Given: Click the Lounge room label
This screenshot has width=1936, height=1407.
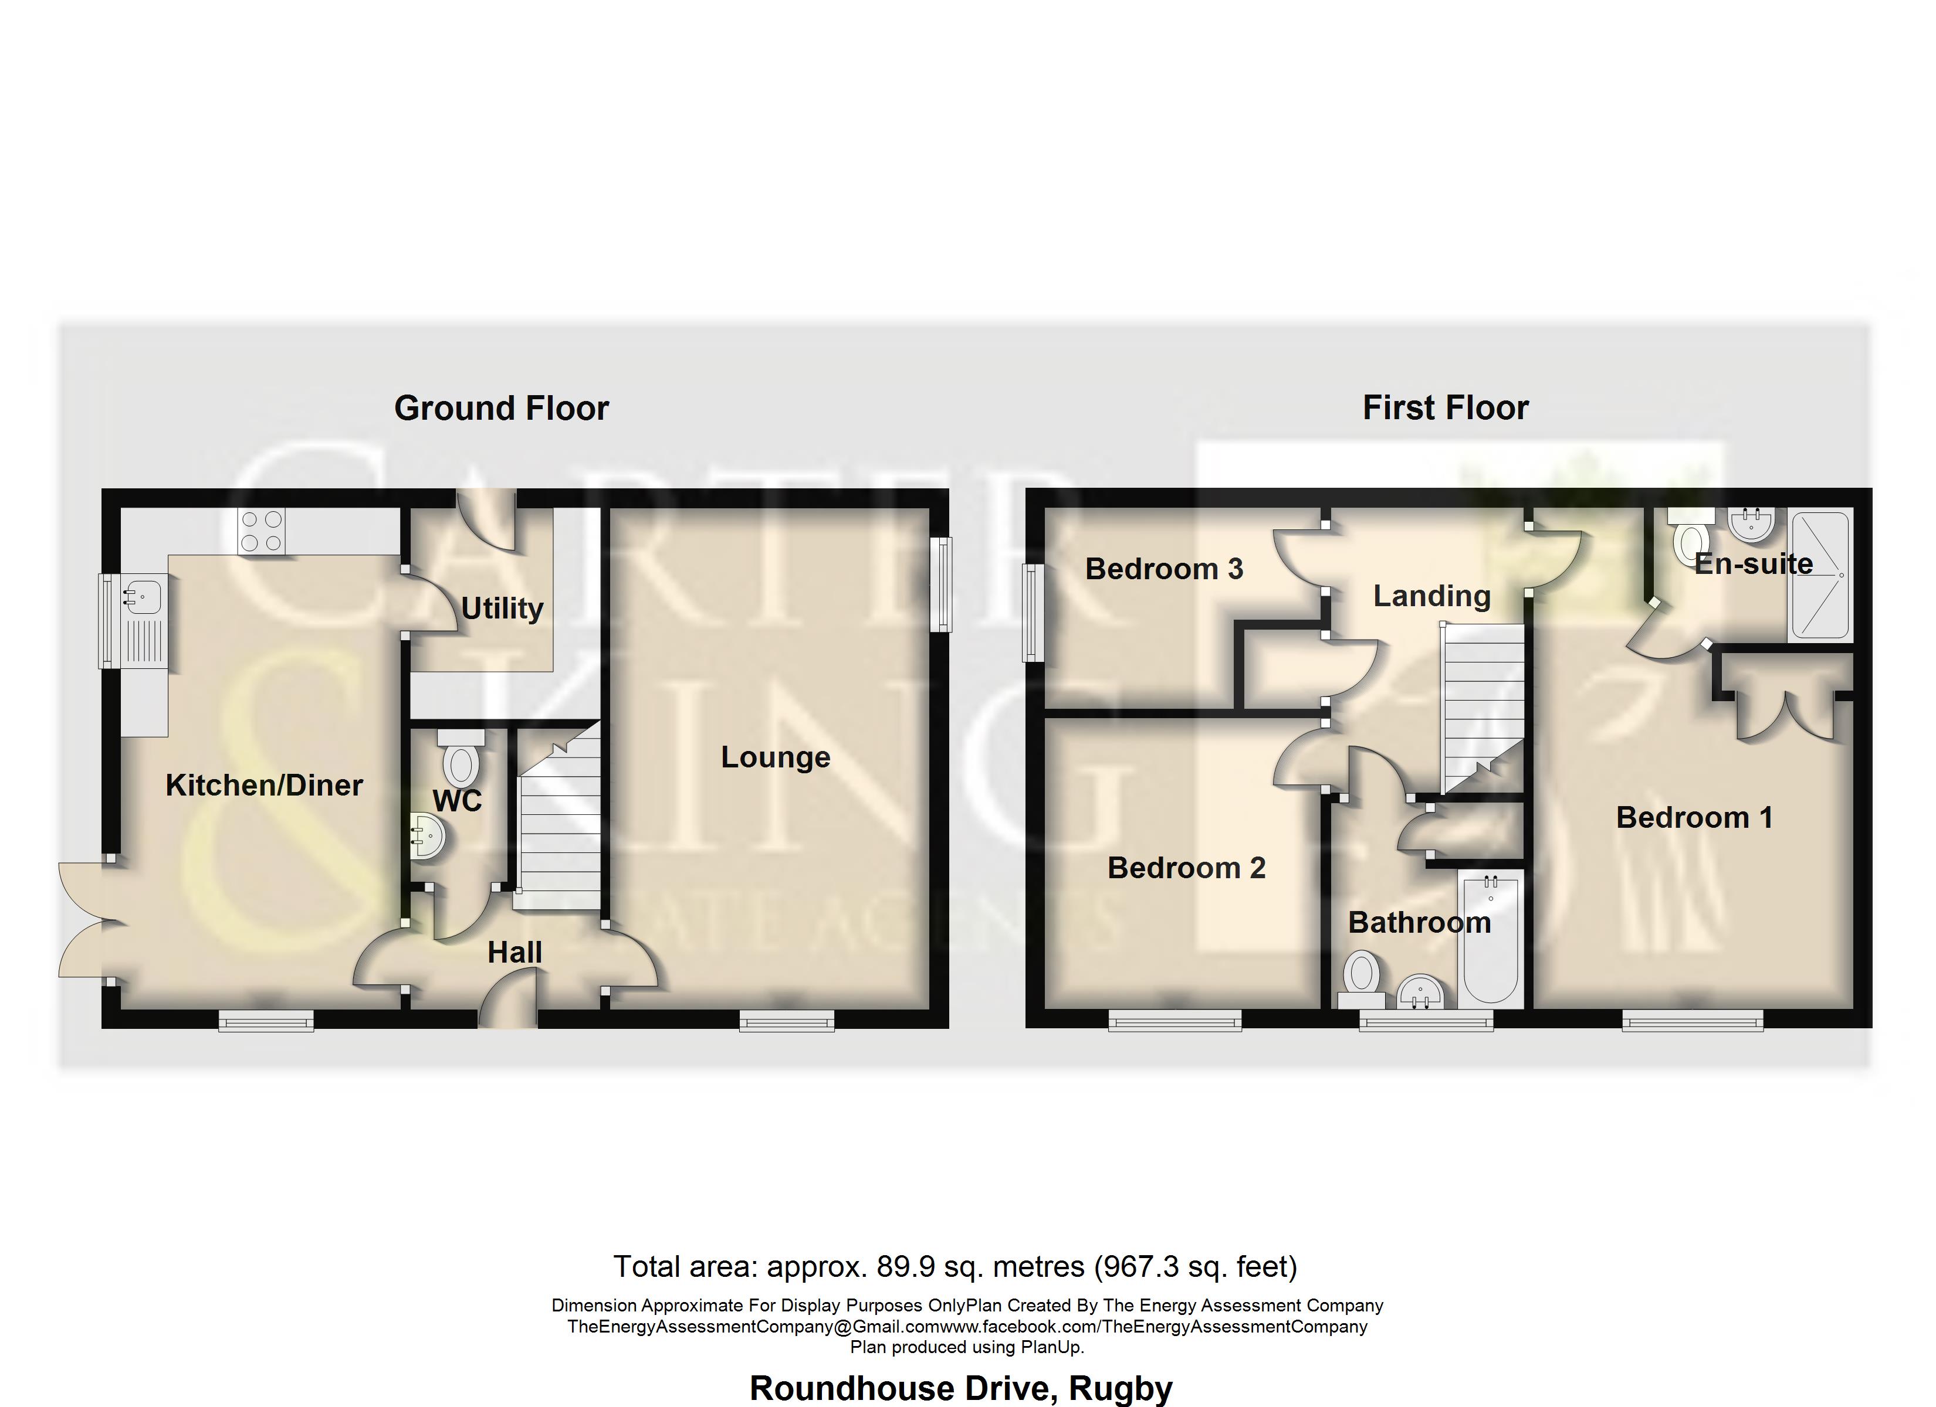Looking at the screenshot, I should coord(775,757).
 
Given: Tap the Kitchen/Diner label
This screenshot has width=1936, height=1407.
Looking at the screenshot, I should coord(264,785).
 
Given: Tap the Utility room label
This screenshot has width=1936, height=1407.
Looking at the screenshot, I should coord(502,609).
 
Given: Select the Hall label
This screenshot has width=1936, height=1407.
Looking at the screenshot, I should coord(515,952).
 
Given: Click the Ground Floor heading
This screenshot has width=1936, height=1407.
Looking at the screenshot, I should coord(501,409).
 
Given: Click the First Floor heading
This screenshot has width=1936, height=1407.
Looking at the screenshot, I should coord(1445,408).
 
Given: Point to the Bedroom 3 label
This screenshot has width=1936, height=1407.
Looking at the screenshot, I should coord(1163,569).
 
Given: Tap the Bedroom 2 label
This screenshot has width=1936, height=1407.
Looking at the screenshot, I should coord(1186,868).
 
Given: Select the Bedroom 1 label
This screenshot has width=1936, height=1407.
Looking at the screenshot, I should coord(1694,817).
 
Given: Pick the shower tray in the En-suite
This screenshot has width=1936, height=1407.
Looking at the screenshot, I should coord(1820,575).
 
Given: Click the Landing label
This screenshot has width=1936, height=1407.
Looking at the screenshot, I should coord(1431,596).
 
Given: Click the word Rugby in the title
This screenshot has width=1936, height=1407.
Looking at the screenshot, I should coord(1120,1388).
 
